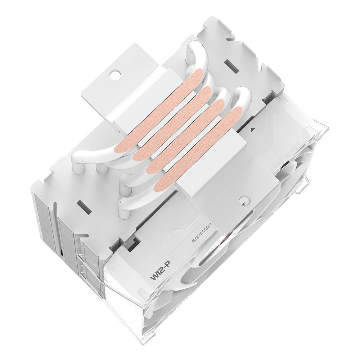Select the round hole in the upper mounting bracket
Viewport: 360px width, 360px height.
coord(115,76)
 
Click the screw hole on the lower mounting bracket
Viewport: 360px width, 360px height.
coord(244,200)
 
